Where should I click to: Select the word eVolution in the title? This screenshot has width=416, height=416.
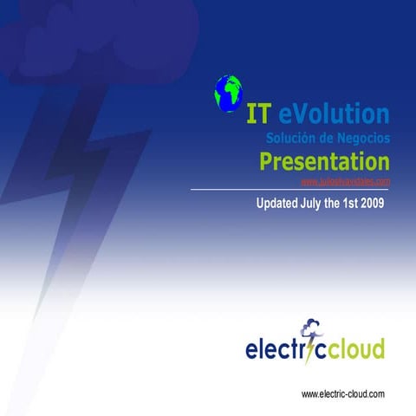click(334, 114)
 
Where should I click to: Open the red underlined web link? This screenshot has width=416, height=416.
click(344, 181)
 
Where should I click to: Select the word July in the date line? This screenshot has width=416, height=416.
click(325, 205)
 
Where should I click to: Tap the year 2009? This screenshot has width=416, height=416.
click(369, 205)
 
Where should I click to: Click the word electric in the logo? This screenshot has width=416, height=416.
click(276, 350)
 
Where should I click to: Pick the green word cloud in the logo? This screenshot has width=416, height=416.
click(354, 350)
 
